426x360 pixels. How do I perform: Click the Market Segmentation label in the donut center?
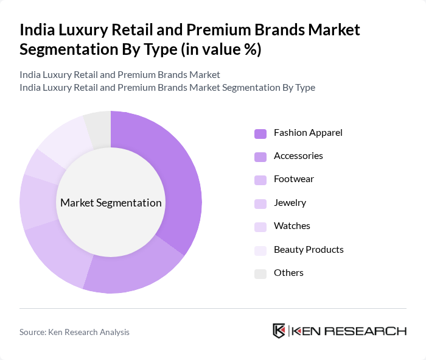point(111,203)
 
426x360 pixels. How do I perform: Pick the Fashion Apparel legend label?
point(308,133)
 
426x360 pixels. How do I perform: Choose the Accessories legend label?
point(298,156)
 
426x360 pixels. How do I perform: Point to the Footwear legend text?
point(294,179)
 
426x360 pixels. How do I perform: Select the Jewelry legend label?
point(290,203)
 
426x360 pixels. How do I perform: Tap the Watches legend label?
point(292,226)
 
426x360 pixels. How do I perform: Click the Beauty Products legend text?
point(309,249)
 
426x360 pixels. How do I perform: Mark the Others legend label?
point(288,273)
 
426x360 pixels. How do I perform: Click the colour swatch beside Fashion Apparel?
point(260,133)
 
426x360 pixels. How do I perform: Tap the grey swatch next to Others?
point(260,274)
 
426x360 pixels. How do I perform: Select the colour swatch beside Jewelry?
point(260,203)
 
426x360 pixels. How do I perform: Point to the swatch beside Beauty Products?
point(260,250)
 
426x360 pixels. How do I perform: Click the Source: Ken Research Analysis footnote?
point(74,332)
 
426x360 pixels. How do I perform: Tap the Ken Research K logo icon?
point(279,331)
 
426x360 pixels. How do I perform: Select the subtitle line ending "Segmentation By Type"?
point(167,87)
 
